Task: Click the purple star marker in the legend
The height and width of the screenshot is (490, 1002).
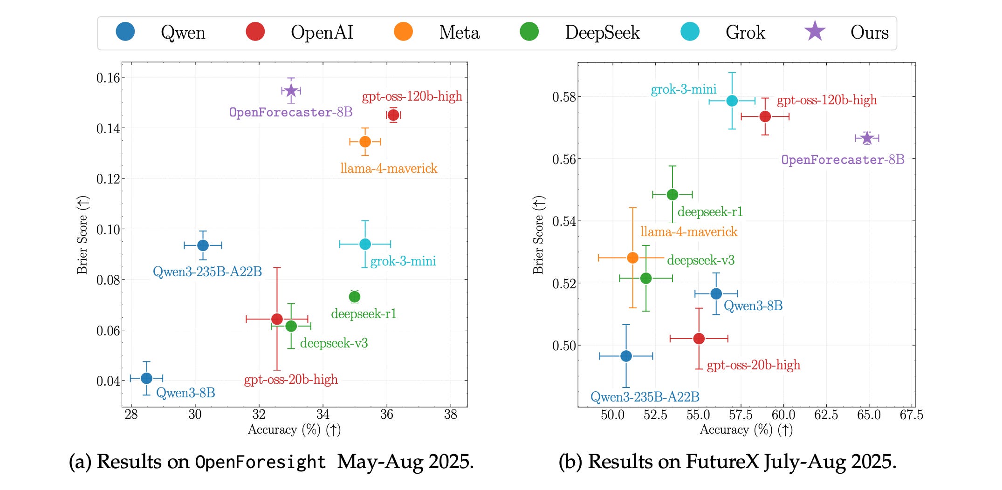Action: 815,31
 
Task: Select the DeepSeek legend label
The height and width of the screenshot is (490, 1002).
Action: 602,32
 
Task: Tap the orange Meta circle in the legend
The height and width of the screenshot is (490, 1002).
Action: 403,31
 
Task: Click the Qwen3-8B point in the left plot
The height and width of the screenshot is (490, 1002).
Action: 146,378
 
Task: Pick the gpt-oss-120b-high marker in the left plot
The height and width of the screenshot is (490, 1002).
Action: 393,115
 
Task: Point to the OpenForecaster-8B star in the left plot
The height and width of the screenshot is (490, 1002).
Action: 291,90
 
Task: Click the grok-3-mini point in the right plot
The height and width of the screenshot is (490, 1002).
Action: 732,101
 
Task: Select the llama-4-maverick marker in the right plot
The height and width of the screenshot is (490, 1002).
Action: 632,258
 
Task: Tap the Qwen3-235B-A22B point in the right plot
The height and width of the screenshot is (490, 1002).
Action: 626,356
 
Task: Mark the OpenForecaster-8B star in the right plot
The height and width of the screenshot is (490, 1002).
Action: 867,138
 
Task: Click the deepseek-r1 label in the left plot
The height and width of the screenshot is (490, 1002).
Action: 364,314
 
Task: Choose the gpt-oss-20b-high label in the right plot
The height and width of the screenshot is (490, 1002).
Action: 753,365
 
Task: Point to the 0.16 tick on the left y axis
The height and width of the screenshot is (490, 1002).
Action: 108,78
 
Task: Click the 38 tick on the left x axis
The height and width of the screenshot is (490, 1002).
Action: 450,415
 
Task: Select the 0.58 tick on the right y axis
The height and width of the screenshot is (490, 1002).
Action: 564,97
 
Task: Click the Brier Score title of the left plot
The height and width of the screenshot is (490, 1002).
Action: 82,235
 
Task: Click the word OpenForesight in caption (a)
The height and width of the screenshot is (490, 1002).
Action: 261,462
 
